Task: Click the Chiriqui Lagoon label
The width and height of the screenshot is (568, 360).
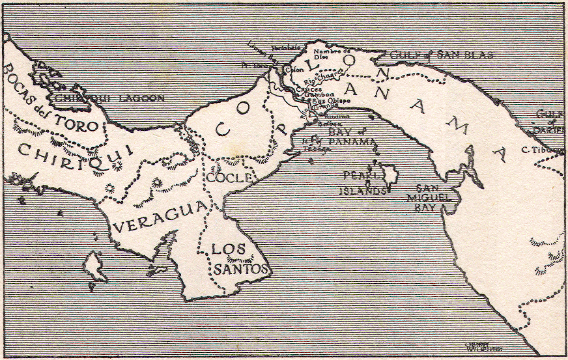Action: pyautogui.click(x=109, y=98)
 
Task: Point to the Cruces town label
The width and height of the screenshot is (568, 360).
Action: pyautogui.click(x=308, y=89)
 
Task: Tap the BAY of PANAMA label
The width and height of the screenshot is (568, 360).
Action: pyautogui.click(x=351, y=136)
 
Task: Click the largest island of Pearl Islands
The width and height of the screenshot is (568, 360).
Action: pyautogui.click(x=390, y=174)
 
